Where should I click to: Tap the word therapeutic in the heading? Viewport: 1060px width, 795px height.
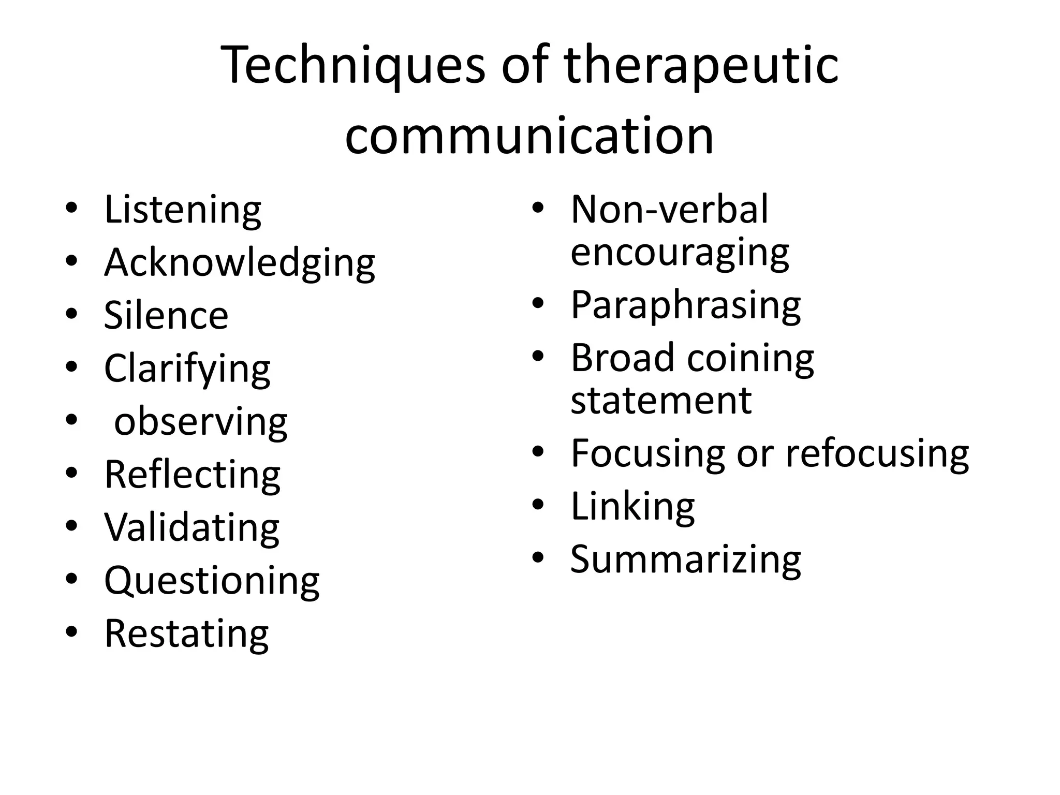701,66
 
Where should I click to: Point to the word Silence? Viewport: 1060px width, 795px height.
166,316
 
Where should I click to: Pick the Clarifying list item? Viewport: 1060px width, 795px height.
187,369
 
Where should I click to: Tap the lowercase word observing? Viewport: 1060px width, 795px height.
200,422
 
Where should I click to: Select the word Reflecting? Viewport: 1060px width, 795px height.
192,475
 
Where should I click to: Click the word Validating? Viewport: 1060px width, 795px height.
192,528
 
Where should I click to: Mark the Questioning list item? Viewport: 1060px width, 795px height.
212,581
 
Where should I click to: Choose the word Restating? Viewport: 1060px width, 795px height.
186,634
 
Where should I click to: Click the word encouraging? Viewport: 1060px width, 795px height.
680,253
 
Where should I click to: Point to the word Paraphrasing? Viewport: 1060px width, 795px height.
686,305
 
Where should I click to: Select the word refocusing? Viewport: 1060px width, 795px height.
877,454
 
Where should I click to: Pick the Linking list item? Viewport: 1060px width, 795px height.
632,507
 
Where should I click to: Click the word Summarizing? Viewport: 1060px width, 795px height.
686,560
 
